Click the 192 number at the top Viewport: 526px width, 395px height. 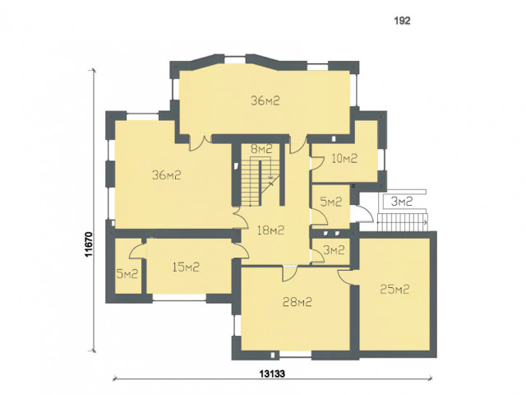(x=402, y=21)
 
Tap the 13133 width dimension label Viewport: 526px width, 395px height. (x=272, y=374)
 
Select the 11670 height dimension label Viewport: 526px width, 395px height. (x=89, y=244)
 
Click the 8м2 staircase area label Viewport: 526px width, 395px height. (x=261, y=149)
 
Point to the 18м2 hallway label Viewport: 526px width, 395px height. (x=270, y=230)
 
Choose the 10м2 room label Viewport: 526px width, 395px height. (x=344, y=158)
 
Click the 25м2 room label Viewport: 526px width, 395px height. (x=394, y=289)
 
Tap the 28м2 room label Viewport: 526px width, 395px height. (x=298, y=302)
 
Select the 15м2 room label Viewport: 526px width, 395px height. (x=186, y=267)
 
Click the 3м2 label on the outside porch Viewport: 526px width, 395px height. (x=402, y=201)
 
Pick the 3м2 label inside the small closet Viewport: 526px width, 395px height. (x=334, y=250)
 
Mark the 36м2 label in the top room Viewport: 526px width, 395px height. (x=265, y=100)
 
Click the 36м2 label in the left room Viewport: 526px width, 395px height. (x=167, y=174)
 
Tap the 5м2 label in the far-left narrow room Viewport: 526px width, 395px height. (x=127, y=274)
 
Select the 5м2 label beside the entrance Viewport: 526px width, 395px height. (x=331, y=202)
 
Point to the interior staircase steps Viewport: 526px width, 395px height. (x=261, y=182)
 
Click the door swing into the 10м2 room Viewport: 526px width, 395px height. (x=317, y=163)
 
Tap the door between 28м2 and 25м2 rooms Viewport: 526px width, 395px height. (x=344, y=277)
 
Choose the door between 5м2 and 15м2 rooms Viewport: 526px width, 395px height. (x=137, y=252)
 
